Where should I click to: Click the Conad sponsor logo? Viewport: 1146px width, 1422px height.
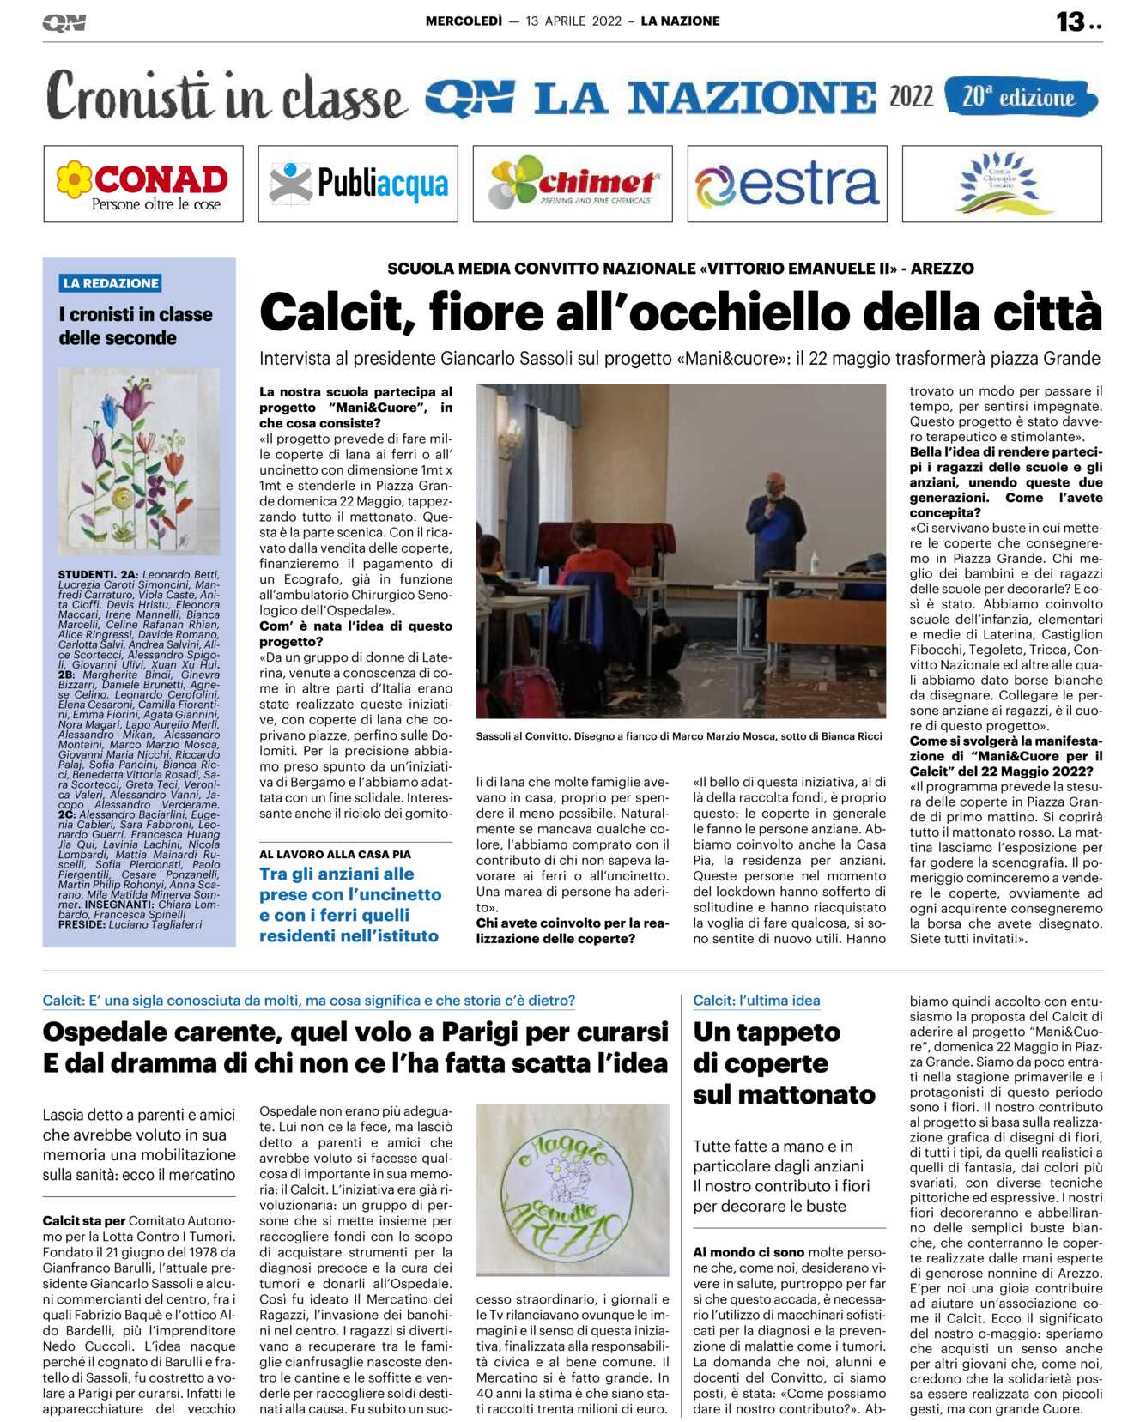(x=142, y=184)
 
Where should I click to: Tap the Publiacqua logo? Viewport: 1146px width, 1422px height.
(x=358, y=184)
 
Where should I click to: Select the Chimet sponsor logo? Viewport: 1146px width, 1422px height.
(x=573, y=184)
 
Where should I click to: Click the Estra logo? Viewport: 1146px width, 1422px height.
(x=787, y=184)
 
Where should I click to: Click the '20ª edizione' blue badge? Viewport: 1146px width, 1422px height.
(x=1020, y=97)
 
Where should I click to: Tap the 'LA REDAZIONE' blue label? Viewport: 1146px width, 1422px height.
(x=111, y=283)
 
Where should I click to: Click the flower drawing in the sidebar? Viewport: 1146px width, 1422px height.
(x=138, y=462)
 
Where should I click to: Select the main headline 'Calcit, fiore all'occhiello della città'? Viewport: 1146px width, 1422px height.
(x=680, y=312)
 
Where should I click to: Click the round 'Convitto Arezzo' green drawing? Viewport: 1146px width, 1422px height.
(x=573, y=1189)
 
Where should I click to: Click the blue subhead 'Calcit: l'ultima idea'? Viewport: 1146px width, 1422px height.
(x=756, y=1001)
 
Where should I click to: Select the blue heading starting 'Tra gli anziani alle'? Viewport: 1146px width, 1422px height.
(x=350, y=905)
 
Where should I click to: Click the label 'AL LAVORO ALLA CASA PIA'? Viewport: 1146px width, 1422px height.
(x=335, y=854)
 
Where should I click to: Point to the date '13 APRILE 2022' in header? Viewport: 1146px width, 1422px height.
(x=573, y=21)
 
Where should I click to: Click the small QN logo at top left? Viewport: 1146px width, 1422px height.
(x=64, y=23)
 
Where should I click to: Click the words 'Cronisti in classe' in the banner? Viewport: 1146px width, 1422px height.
(x=226, y=97)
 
